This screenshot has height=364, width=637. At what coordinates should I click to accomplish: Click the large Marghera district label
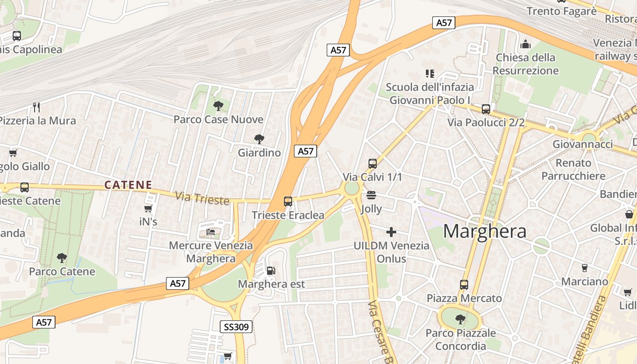[485, 231]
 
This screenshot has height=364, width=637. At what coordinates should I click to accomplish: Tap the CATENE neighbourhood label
[128, 185]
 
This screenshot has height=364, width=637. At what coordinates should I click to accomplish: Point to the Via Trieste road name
[202, 198]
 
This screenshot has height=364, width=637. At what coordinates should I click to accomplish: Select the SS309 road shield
[237, 326]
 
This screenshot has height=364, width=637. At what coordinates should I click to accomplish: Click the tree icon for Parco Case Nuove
[218, 106]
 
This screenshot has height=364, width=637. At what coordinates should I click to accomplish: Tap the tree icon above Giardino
[259, 139]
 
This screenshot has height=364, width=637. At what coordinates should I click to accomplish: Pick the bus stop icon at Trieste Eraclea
[288, 201]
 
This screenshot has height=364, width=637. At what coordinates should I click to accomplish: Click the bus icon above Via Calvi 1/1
[373, 163]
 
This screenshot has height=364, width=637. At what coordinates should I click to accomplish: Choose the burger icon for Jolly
[371, 196]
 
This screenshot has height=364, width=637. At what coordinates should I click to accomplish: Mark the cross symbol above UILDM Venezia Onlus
[391, 232]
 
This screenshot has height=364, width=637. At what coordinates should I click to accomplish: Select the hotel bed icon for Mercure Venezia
[211, 232]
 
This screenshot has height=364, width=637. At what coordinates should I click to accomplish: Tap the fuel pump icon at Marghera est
[271, 271]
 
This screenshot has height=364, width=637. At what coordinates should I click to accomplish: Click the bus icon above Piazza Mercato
[464, 285]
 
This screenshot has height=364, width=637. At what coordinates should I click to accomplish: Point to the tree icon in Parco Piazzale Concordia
[460, 319]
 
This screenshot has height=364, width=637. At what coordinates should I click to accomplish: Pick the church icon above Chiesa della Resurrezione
[526, 44]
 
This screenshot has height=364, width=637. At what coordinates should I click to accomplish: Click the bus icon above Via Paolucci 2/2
[486, 109]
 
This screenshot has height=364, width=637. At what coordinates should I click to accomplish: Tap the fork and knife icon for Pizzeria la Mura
[36, 107]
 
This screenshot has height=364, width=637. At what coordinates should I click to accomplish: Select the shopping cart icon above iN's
[148, 208]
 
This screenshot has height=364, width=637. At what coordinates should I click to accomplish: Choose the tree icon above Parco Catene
[62, 258]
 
